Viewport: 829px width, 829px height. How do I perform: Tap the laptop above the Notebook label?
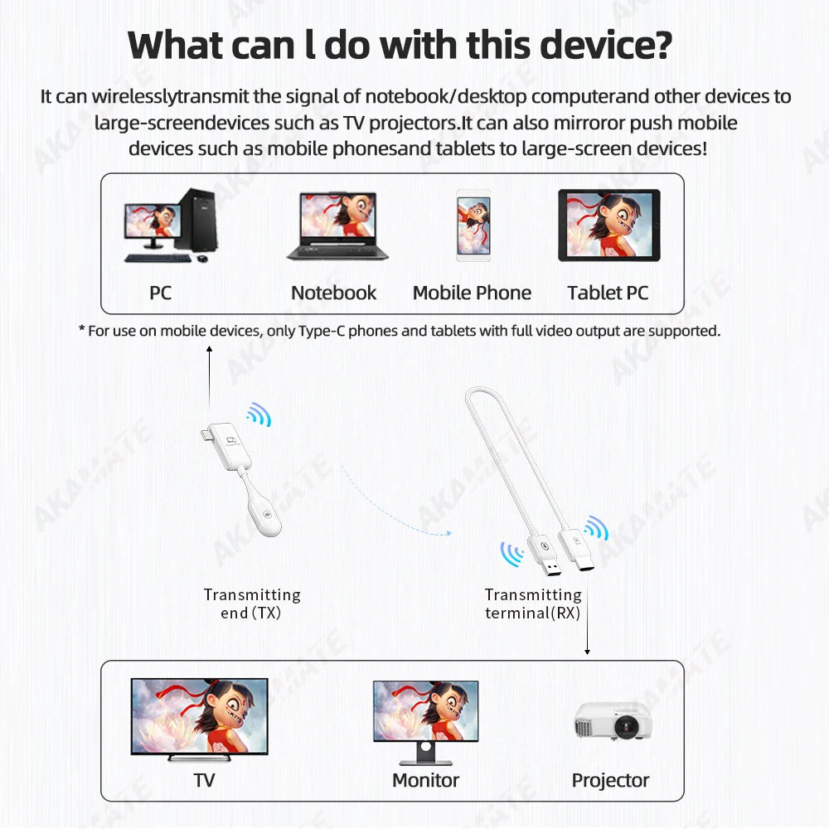point(337,225)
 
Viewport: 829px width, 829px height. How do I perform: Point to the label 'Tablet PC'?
point(608,293)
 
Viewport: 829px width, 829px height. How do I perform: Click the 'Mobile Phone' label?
point(472,293)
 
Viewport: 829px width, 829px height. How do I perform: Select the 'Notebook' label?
point(333,293)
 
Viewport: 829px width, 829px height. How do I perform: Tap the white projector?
point(613,720)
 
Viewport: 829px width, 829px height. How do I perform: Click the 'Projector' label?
point(610,780)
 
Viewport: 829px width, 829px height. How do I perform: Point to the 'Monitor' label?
point(425,780)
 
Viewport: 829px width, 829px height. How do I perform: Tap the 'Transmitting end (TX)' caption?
point(252,604)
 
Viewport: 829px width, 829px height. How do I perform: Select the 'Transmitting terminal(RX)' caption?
point(533,604)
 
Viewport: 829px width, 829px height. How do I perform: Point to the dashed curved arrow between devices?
point(390,510)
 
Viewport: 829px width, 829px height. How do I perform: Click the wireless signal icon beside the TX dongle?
point(259,414)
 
